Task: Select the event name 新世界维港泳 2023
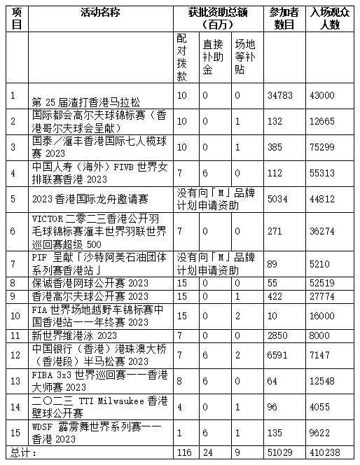tap(74, 335)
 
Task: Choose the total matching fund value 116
tap(184, 453)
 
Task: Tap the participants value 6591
tap(278, 354)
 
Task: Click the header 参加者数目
tap(282, 18)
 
